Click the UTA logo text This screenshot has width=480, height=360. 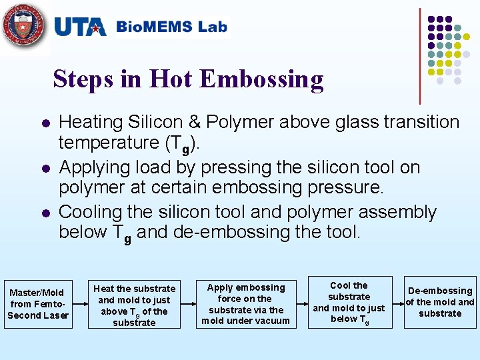click(79, 27)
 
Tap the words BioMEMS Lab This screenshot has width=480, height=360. click(171, 27)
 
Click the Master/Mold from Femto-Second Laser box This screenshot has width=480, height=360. click(38, 304)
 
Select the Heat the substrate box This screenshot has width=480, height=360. click(134, 305)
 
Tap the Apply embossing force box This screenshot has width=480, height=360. click(245, 304)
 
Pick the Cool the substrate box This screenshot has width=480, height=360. click(349, 302)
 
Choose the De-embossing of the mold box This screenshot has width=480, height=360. click(440, 302)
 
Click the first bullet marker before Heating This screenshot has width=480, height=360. click(44, 124)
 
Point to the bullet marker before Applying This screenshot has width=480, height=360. click(44, 169)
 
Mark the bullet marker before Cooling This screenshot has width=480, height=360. click(44, 214)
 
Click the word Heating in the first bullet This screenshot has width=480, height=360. click(91, 123)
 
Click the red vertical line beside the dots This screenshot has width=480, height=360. click(420, 56)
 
